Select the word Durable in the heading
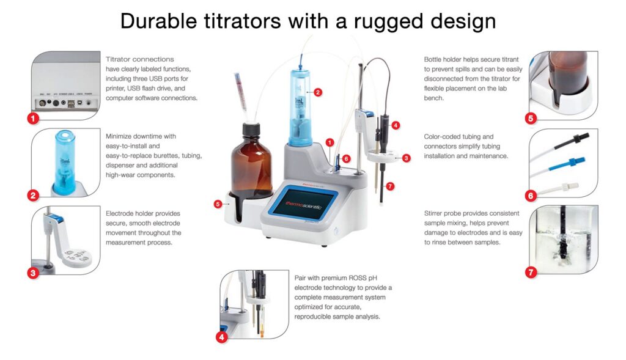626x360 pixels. pyautogui.click(x=159, y=21)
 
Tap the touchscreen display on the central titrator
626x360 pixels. pyautogui.click(x=303, y=204)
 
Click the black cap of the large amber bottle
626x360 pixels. pyautogui.click(x=251, y=130)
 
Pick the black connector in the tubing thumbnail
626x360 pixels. pyautogui.click(x=572, y=141)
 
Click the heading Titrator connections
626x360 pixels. pyautogui.click(x=140, y=59)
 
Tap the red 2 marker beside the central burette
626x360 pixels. pyautogui.click(x=318, y=92)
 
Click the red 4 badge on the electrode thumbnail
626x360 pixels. pyautogui.click(x=221, y=337)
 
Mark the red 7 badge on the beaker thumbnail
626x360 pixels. pyautogui.click(x=531, y=272)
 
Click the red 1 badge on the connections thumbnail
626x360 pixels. pyautogui.click(x=33, y=118)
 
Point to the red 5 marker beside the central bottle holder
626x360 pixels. pyautogui.click(x=218, y=204)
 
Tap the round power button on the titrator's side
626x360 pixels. pyautogui.click(x=336, y=230)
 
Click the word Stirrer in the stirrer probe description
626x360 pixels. pyautogui.click(x=435, y=213)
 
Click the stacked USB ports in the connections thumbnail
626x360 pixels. pyautogui.click(x=71, y=103)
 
